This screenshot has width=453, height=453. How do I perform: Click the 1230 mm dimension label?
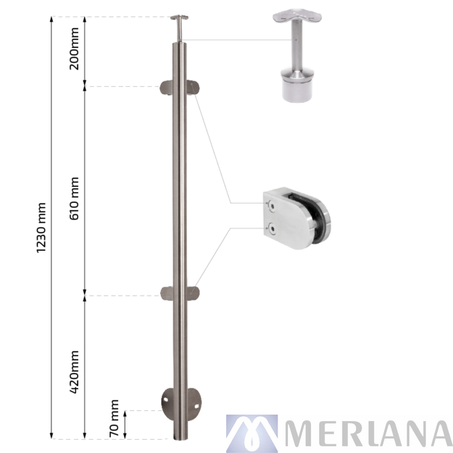[41, 228]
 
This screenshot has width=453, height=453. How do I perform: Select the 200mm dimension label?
[74, 49]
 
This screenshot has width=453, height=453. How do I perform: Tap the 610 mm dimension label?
[74, 199]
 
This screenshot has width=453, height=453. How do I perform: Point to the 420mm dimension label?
[74, 372]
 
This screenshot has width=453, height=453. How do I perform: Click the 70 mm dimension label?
[114, 418]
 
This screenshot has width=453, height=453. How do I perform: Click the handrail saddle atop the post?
[179, 17]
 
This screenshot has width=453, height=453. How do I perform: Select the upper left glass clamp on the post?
[167, 88]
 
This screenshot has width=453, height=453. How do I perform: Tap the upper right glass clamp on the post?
[193, 88]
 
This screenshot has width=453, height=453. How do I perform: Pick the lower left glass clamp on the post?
[167, 294]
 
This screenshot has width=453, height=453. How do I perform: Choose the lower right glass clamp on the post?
[193, 294]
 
